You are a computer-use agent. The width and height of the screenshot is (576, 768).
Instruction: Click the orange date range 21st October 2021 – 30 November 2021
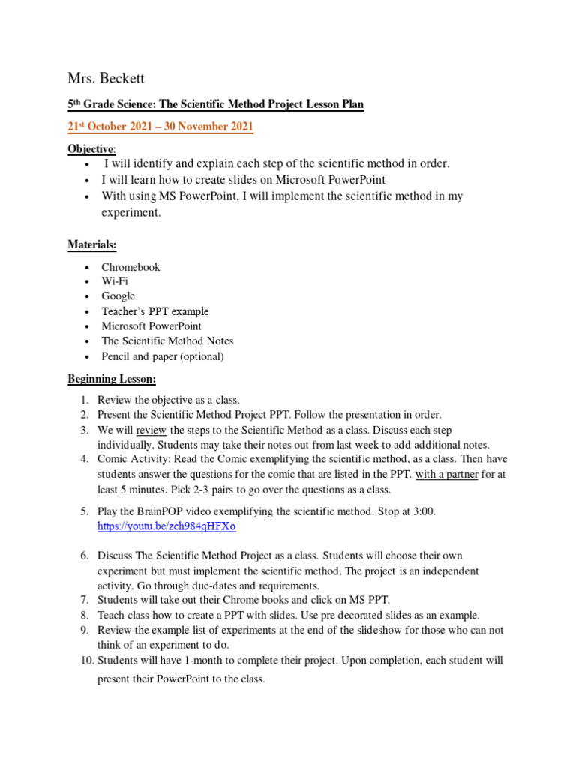160,127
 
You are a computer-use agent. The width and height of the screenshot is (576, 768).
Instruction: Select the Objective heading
91,149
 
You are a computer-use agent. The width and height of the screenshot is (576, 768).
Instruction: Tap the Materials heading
92,244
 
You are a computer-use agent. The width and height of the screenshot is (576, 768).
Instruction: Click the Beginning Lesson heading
112,379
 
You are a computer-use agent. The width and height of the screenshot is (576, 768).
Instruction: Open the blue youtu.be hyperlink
166,526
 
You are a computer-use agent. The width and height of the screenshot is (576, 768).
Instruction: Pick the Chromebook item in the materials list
130,267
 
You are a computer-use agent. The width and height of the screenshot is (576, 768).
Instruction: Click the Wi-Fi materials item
115,281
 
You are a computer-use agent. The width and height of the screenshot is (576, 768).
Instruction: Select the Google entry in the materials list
118,296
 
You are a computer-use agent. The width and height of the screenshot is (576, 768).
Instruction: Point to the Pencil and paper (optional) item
163,356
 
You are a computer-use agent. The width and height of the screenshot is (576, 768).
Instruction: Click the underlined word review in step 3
151,430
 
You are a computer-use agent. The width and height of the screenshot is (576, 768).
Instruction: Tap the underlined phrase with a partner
447,474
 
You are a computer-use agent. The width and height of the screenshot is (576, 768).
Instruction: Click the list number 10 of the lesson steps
86,661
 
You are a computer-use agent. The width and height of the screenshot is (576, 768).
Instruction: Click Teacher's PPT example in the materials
155,311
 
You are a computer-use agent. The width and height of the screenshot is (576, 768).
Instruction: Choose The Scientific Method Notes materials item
167,341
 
